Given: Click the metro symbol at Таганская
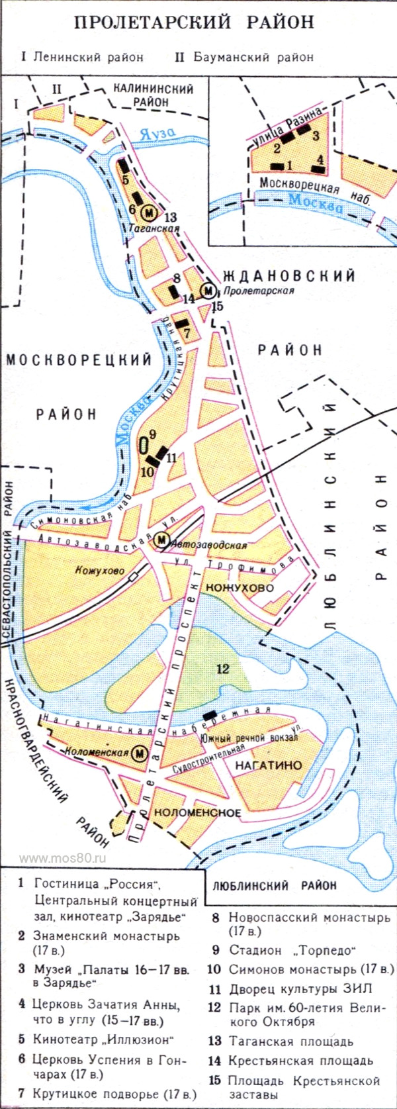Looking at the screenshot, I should [x=150, y=213].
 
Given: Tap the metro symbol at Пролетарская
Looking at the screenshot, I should [x=209, y=290].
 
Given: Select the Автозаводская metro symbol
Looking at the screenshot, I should [x=161, y=540].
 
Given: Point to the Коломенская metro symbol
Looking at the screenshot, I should [x=140, y=753].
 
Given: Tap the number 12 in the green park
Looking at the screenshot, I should [x=222, y=668].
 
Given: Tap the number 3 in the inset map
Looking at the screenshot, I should [x=316, y=136].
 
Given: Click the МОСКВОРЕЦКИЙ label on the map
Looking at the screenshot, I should [x=79, y=360].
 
